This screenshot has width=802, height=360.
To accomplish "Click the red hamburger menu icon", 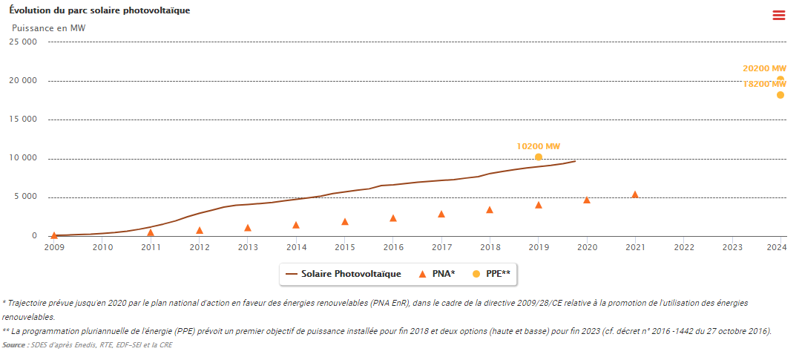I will (x=778, y=15).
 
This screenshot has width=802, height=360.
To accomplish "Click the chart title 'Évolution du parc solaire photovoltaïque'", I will (x=100, y=11).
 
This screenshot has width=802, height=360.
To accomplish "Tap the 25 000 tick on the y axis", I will (x=22, y=42).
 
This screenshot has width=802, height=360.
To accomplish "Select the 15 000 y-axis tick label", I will (x=22, y=120).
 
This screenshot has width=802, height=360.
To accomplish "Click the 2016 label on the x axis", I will (x=393, y=246).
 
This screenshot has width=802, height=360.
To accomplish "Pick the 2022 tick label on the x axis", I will (x=683, y=246).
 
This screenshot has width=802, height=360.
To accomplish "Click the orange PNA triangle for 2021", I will (x=635, y=194).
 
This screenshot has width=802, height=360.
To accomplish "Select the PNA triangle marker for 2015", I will (x=345, y=221).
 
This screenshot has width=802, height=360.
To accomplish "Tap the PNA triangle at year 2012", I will (x=200, y=230).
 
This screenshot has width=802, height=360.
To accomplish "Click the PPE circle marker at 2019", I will (x=539, y=157).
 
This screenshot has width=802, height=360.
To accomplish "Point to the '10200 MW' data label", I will (x=539, y=146).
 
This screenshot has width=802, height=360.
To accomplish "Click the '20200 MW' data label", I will (x=764, y=68).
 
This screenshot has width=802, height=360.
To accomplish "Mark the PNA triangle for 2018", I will (x=490, y=210).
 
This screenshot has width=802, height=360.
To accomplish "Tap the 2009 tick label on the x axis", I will (x=54, y=246).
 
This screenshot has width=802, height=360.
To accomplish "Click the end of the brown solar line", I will (x=575, y=161).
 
